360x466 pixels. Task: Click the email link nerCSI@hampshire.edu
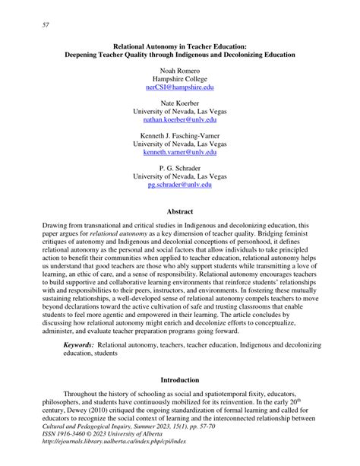pos(180,87)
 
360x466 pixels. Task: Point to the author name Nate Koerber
pos(180,101)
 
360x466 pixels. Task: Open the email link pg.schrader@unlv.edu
pos(180,184)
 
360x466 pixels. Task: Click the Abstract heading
pos(180,211)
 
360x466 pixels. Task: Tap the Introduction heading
pos(180,379)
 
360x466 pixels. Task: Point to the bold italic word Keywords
pos(79,344)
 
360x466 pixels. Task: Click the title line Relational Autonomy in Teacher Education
pos(180,46)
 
